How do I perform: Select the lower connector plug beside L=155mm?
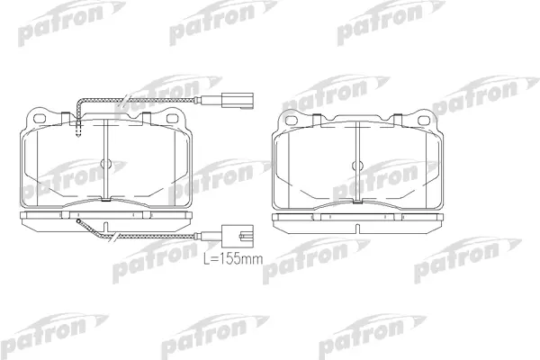pos(238,236)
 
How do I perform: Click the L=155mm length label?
pos(233,258)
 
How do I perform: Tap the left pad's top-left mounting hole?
pos(40,118)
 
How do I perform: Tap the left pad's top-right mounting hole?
pos(172,118)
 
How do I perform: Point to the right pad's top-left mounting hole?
pos(292,121)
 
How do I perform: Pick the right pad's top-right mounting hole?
pos(423,121)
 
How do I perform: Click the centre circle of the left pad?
pos(105,164)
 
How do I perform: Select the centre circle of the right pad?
pos(357,166)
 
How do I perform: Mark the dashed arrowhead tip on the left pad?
pos(78,137)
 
